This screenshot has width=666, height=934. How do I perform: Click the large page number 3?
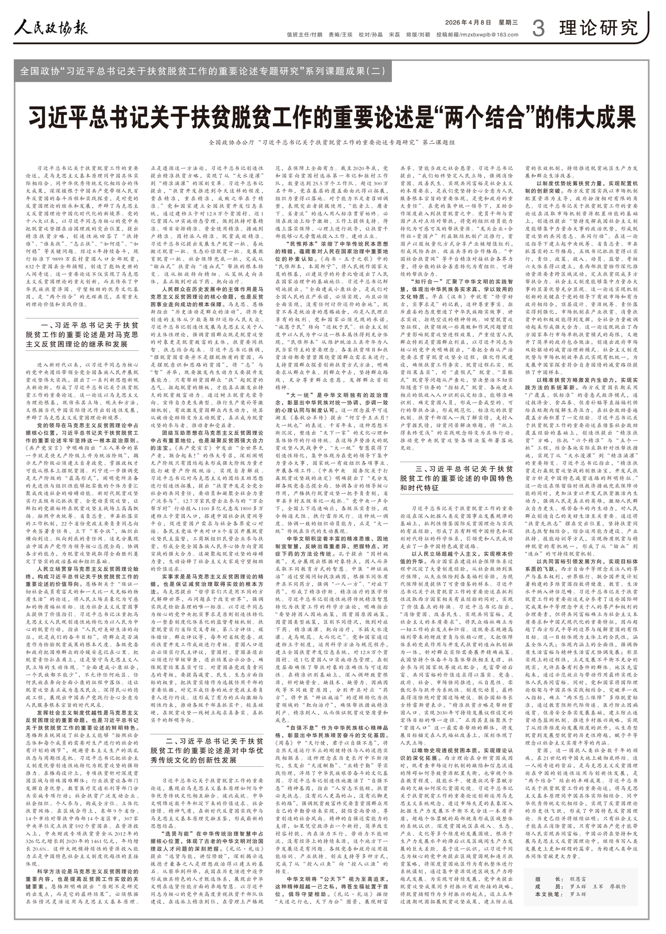coord(538,28)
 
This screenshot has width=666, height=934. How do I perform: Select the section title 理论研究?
coord(598,27)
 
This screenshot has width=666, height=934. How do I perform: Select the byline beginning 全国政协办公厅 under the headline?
coord(332,143)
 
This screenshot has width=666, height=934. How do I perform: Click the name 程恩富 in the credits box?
coord(577,879)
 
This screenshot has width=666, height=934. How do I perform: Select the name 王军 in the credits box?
coord(598,887)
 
